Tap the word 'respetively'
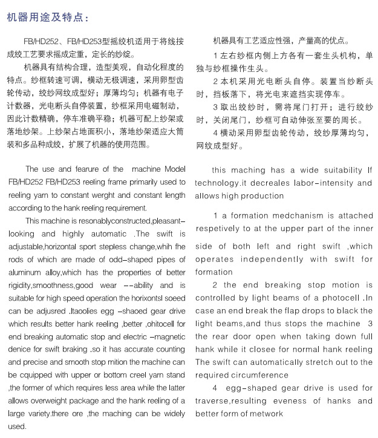[x=221, y=229]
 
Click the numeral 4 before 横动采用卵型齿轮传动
[x=215, y=132]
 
